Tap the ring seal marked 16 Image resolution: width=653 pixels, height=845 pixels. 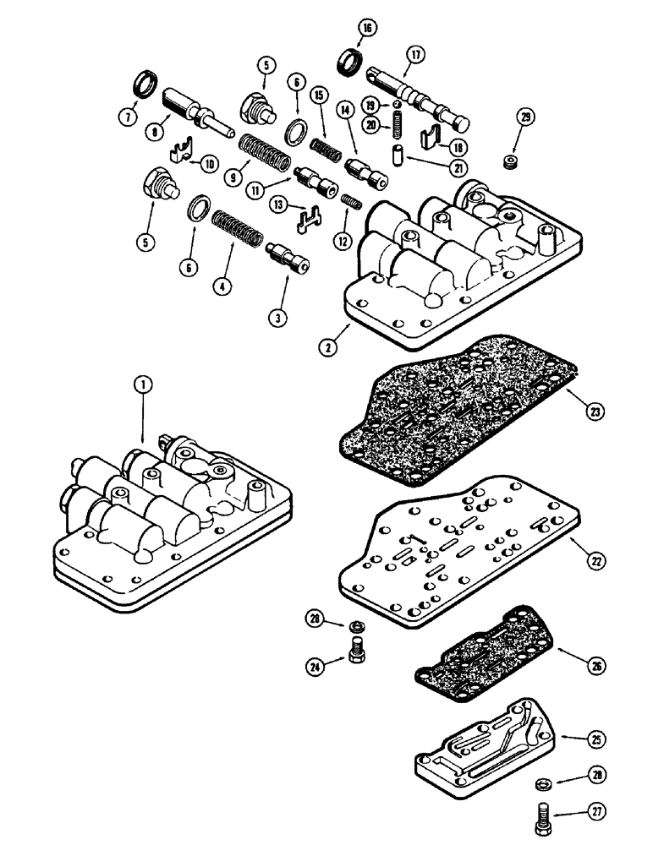[348, 64]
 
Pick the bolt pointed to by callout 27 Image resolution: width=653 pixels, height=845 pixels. [542, 817]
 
